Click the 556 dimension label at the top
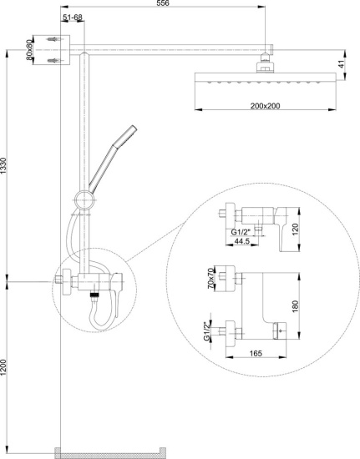pyautogui.click(x=163, y=3)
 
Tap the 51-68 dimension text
pyautogui.click(x=73, y=18)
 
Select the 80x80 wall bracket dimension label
pyautogui.click(x=28, y=50)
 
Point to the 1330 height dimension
pyautogui.click(x=3, y=166)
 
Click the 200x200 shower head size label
pyautogui.click(x=265, y=106)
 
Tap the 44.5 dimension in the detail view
pyautogui.click(x=241, y=241)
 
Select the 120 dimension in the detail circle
pyautogui.click(x=295, y=229)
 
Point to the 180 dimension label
pyautogui.click(x=295, y=306)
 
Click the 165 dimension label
pyautogui.click(x=256, y=353)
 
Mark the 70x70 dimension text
pyautogui.click(x=210, y=278)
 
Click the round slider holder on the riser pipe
pyautogui.click(x=84, y=200)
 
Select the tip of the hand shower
pyautogui.click(x=134, y=127)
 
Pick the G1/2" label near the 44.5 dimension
pyautogui.click(x=241, y=233)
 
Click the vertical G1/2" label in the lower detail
pyautogui.click(x=207, y=331)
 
